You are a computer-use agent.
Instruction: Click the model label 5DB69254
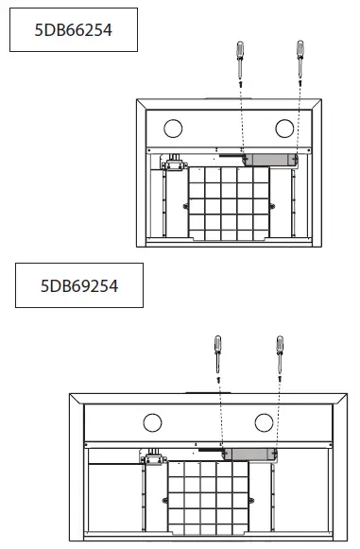pos(78,285)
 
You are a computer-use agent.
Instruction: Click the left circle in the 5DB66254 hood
pos(172,127)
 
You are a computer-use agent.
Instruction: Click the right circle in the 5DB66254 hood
pos(283,127)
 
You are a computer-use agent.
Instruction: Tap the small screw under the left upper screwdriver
pos(241,85)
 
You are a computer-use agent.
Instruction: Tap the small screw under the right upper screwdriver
pos(300,85)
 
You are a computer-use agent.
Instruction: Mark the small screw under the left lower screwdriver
pos(218,379)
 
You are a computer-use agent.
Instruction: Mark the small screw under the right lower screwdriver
pos(280,379)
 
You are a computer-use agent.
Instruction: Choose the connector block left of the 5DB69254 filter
pos(153,459)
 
